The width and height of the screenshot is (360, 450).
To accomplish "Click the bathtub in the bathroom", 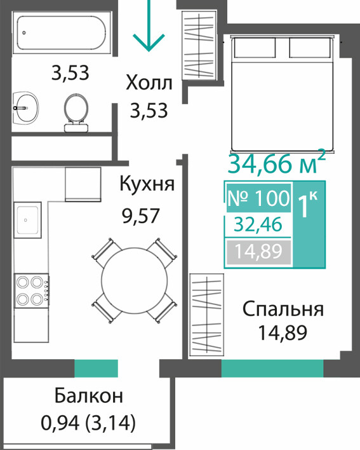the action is (x=62, y=33).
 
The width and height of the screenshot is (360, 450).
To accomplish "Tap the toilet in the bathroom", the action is (x=76, y=112).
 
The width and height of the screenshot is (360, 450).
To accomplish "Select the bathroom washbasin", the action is (x=26, y=108).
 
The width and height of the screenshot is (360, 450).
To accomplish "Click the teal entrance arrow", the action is (x=149, y=26).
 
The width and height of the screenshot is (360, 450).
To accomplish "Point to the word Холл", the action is (x=149, y=83).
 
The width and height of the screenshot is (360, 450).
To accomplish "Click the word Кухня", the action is (x=147, y=184).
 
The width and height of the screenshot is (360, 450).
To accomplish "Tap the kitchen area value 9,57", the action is (x=140, y=216).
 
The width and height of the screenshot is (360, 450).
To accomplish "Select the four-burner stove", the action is (x=32, y=290).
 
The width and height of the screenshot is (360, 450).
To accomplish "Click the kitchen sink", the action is (x=27, y=220).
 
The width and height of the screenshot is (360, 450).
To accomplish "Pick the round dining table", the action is (x=134, y=281).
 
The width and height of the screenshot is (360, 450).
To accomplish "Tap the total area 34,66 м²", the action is (x=277, y=163).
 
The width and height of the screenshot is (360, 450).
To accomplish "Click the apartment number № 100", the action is (x=258, y=198).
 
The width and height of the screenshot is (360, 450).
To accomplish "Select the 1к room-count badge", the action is (x=309, y=224).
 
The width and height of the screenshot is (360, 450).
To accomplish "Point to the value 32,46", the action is (x=258, y=225).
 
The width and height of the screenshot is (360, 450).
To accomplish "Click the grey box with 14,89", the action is (x=258, y=252).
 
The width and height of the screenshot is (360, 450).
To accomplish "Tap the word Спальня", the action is (x=283, y=310).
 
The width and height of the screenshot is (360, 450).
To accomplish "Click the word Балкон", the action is (x=89, y=395).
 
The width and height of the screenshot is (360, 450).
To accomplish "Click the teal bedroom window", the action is (x=272, y=368).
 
